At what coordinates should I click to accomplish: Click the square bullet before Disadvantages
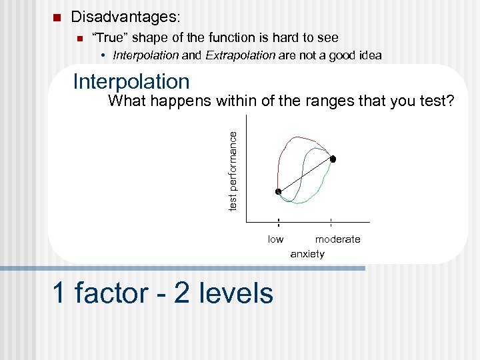(57, 17)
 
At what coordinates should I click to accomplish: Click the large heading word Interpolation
(131, 81)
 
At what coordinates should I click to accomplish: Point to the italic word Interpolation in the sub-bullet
(146, 55)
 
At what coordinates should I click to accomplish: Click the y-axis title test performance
(233, 171)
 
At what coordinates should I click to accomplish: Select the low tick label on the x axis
(275, 239)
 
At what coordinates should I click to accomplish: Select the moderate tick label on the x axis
(337, 239)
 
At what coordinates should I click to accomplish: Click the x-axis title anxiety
(307, 254)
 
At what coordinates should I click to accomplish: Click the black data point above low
(279, 192)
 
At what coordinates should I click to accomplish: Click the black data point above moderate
(333, 159)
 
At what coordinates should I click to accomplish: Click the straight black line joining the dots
(305, 176)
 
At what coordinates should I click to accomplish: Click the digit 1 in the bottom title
(59, 293)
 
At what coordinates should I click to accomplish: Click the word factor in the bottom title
(111, 293)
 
